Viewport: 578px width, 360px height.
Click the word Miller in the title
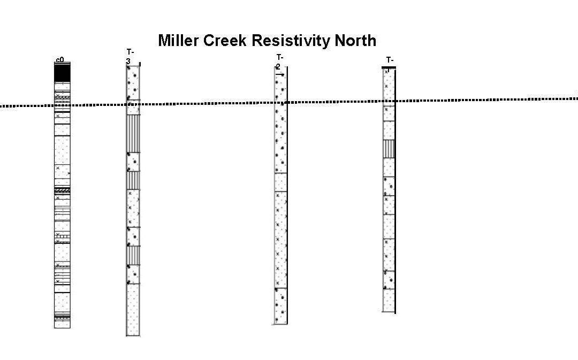[x=180, y=41]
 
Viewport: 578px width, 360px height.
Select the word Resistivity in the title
[x=294, y=41]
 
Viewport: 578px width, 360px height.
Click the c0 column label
[x=60, y=60]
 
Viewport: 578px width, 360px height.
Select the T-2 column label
[x=279, y=62]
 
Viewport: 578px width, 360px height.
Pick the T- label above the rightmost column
[x=390, y=60]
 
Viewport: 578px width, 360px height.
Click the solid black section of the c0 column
[x=62, y=73]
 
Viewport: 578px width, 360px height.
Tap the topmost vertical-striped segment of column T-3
[x=132, y=133]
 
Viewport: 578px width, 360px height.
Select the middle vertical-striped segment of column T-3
[x=132, y=180]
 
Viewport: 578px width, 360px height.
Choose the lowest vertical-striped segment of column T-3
[x=132, y=255]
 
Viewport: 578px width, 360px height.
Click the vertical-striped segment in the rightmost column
[x=389, y=149]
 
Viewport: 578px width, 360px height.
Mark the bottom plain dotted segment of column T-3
[x=132, y=309]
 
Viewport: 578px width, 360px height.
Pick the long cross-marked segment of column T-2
[x=280, y=239]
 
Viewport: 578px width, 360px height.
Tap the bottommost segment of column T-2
[x=280, y=306]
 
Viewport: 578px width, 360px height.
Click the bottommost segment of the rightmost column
[x=389, y=300]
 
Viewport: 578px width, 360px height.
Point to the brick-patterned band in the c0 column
[x=63, y=236]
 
